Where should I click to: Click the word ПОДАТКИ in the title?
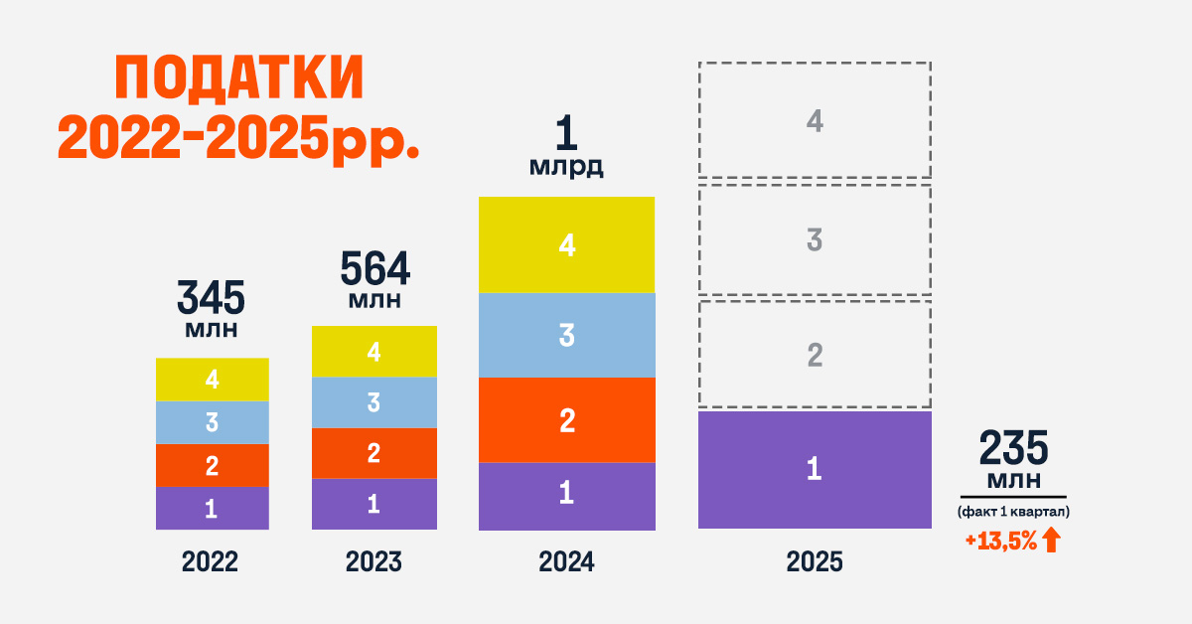coord(239,80)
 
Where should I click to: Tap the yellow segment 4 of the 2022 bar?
coord(212,380)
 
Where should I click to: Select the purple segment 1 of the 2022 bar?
coord(212,509)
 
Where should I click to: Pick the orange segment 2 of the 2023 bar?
coord(373,454)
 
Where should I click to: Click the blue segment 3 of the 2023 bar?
coord(373,402)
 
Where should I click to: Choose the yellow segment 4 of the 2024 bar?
coord(566,245)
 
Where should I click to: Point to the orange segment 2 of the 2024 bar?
coord(566,420)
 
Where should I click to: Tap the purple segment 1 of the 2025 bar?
coord(814,469)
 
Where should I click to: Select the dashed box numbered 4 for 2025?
coord(815,121)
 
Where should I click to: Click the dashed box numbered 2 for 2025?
coord(815,355)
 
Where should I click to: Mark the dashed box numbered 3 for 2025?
coord(815,239)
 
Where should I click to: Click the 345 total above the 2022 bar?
coord(211,298)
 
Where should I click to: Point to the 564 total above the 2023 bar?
coord(374,268)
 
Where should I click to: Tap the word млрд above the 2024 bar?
coord(565,167)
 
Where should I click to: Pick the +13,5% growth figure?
coord(1000,542)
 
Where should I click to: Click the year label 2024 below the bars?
coord(566,562)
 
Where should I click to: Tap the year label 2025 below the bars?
coord(815,562)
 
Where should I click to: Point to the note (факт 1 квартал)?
coord(1013,512)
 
